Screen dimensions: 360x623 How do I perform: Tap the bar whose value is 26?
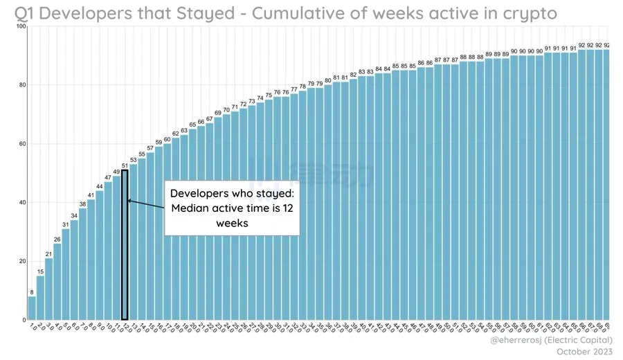(57, 282)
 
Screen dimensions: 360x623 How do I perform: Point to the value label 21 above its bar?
(48, 254)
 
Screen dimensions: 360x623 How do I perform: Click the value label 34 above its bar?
(74, 216)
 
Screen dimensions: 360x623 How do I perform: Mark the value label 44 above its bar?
(100, 186)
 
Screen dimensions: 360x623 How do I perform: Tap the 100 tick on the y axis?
(20, 27)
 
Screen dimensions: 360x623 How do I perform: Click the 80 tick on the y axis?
(21, 86)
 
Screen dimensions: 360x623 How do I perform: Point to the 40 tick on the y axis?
(21, 203)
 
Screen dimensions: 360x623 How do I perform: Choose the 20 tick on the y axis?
(21, 262)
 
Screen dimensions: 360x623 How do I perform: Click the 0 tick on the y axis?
(23, 320)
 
